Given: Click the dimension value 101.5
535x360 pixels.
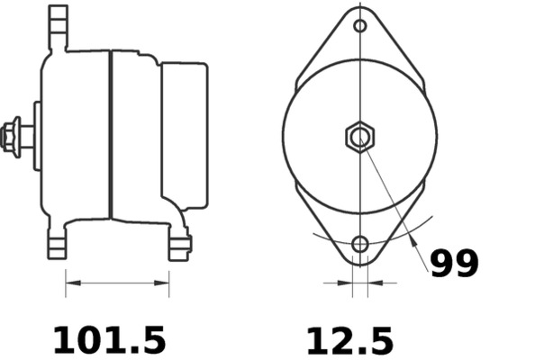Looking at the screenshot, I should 110,340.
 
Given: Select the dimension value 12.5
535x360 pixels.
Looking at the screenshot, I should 349,340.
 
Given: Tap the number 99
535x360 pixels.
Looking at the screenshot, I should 454,264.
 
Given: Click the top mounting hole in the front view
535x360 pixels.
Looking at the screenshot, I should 360,25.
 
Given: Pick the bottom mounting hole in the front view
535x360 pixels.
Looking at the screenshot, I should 360,244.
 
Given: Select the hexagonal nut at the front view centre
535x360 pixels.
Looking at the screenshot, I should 360,137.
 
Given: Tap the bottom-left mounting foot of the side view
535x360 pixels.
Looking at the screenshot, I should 58,244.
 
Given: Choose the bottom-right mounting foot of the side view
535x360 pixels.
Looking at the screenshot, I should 179,244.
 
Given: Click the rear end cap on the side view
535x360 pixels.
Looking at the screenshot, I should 185,135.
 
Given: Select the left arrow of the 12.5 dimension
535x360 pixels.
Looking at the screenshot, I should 346,283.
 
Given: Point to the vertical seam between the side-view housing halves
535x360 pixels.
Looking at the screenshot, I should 110,135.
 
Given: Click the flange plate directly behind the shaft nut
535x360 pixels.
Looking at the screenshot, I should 37,136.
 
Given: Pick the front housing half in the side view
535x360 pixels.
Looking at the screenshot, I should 77,135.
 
